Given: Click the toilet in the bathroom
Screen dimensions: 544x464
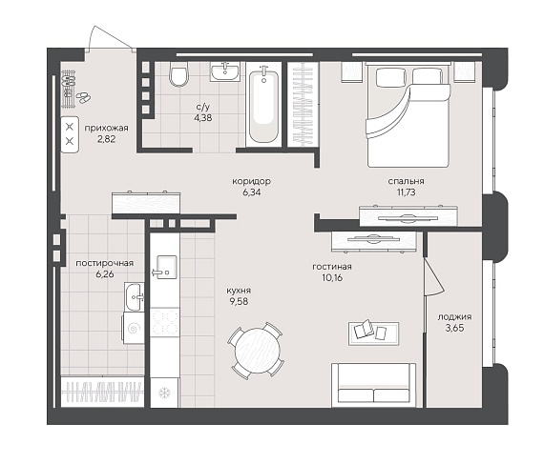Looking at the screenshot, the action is click(179, 74).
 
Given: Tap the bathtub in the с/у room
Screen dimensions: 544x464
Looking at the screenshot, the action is click(263, 105).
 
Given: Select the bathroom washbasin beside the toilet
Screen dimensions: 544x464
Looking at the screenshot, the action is click(225, 72).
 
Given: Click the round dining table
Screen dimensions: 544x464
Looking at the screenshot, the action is click(257, 352).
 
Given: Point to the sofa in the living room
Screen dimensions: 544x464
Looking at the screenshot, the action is click(374, 385).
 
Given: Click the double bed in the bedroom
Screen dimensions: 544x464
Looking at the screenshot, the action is click(408, 115).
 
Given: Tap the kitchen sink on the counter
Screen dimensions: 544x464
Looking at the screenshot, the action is click(165, 267).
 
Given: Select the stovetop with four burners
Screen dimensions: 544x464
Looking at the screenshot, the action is click(165, 323).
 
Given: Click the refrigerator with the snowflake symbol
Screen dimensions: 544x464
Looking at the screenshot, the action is click(165, 393).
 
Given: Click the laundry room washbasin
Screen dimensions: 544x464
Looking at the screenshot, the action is click(135, 296).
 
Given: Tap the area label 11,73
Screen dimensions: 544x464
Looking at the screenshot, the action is click(406, 192).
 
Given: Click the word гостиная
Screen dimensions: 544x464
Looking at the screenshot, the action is click(332, 267).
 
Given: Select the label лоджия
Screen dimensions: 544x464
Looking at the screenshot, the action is click(454, 317).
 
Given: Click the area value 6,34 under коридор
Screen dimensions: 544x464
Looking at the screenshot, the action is click(252, 192).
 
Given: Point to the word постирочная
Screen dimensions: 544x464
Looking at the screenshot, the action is click(104, 263).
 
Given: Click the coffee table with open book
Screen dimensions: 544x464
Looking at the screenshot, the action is click(374, 333).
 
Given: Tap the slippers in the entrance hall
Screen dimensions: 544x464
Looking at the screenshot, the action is click(83, 97).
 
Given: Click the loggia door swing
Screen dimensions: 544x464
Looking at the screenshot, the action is click(433, 277).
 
